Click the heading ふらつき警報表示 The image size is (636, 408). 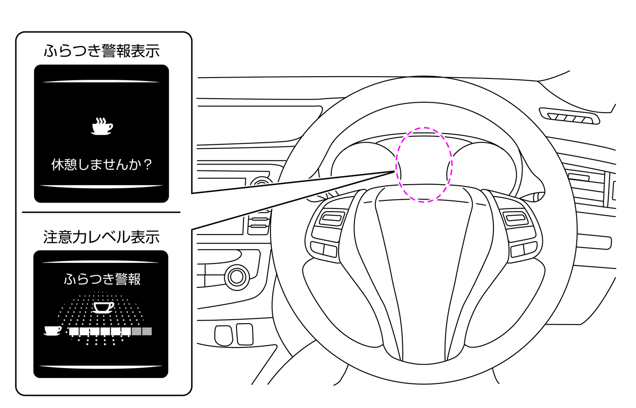(102, 51)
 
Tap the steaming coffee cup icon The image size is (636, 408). (102, 126)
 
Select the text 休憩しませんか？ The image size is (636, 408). (102, 165)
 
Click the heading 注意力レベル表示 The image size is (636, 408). (101, 237)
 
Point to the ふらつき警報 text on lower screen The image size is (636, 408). (102, 279)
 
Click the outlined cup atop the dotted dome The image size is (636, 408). (103, 307)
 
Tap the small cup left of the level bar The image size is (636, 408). (52, 331)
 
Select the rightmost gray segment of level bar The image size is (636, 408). (147, 331)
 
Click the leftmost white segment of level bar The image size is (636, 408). (74, 331)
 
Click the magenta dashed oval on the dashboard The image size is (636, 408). (424, 165)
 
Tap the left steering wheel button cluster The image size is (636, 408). (328, 231)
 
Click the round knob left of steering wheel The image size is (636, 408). (237, 276)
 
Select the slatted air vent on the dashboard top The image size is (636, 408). (569, 116)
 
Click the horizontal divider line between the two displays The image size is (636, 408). (101, 212)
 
